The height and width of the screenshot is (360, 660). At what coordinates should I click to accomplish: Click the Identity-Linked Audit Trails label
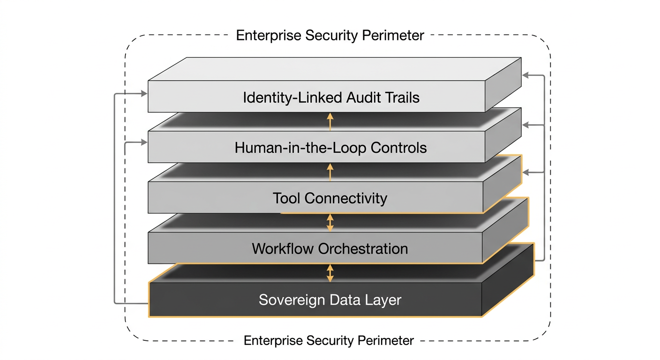(x=331, y=97)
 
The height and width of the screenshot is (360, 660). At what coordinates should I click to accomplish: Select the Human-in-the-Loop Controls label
(x=330, y=148)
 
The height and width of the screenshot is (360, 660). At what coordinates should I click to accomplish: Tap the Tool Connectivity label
(x=330, y=198)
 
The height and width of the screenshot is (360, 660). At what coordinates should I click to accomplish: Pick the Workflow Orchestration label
(x=330, y=248)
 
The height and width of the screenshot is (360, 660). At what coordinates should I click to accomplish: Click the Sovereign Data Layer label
(x=330, y=300)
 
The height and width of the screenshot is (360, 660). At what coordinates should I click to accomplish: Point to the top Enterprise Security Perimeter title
(x=330, y=36)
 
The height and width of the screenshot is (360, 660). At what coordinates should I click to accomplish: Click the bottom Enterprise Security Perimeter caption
(x=329, y=340)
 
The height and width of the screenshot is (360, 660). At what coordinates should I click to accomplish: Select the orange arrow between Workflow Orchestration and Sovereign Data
(x=330, y=273)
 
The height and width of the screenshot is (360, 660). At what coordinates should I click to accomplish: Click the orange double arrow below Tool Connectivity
(x=330, y=222)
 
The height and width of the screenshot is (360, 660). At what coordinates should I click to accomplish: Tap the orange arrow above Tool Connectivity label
(x=330, y=172)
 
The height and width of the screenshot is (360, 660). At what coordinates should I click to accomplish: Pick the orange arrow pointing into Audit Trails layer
(x=330, y=121)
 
